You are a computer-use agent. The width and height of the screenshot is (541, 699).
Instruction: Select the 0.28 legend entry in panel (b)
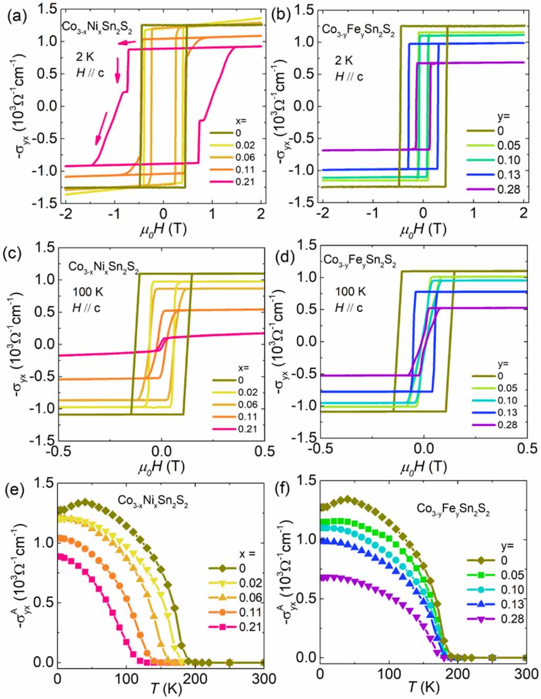pyautogui.click(x=508, y=189)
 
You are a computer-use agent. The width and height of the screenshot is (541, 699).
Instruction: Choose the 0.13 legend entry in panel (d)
pyautogui.click(x=507, y=413)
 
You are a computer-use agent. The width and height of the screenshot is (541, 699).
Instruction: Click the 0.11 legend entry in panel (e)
pyautogui.click(x=251, y=612)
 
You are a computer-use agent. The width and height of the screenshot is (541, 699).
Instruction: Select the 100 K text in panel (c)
pyautogui.click(x=88, y=292)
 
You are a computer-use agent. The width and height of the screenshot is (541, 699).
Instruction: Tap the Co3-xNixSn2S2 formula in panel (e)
pyautogui.click(x=153, y=501)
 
